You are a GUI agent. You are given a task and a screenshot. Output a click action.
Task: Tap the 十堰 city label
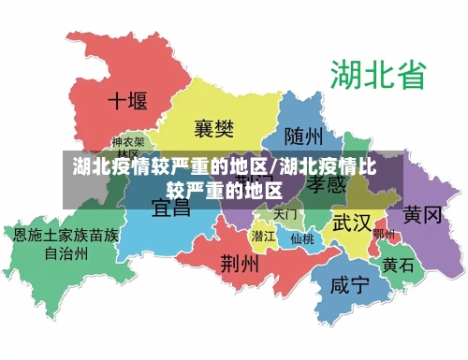[129, 101]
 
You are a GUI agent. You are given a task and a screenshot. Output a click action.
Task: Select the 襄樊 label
[213, 126]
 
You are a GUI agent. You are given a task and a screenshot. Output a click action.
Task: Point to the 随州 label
[303, 137]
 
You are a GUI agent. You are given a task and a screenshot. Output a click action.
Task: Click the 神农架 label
[127, 143]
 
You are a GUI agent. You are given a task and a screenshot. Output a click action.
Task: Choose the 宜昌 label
[171, 207]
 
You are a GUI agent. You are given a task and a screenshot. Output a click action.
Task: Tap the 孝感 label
[327, 185]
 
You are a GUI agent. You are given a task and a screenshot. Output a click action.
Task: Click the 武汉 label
[351, 223]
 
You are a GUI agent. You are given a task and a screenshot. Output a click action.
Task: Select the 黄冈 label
[422, 216]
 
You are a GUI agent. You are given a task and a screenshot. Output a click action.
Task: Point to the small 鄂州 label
[384, 234]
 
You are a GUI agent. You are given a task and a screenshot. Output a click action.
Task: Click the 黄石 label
[398, 265]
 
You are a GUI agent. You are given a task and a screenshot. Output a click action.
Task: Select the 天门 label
[285, 215]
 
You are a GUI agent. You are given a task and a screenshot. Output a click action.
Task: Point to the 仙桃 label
[302, 238]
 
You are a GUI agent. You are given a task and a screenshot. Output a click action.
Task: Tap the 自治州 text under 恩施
[66, 252]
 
